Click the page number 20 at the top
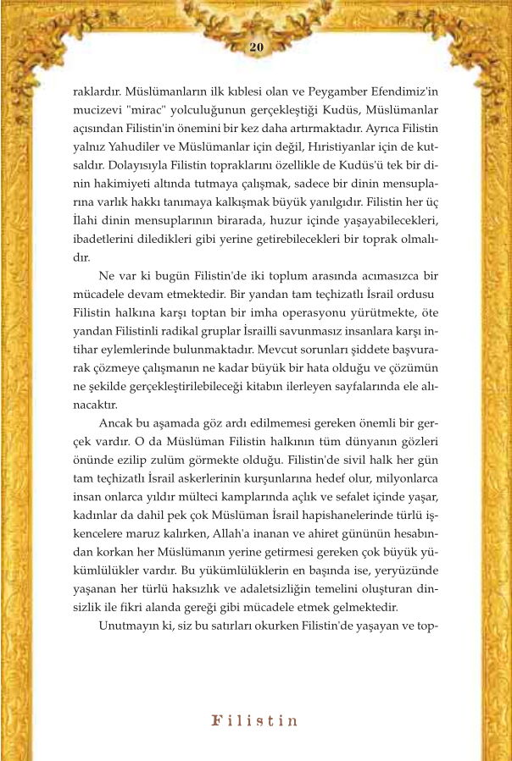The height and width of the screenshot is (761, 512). [x=256, y=47]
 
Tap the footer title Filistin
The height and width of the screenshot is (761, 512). [x=255, y=721]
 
